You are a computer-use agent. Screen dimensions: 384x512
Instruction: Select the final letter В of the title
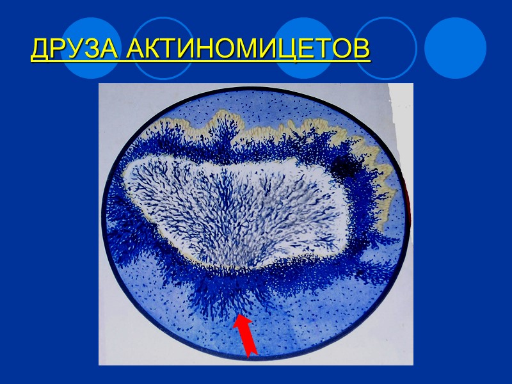(362, 49)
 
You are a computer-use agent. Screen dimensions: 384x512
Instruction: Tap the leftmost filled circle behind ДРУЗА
(92, 49)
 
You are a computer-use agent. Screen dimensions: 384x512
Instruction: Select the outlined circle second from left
(163, 49)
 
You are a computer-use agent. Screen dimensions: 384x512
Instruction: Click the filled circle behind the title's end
(306, 49)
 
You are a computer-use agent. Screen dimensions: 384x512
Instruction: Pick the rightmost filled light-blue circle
(456, 49)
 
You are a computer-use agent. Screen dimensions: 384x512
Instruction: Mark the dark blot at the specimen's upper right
(345, 168)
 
